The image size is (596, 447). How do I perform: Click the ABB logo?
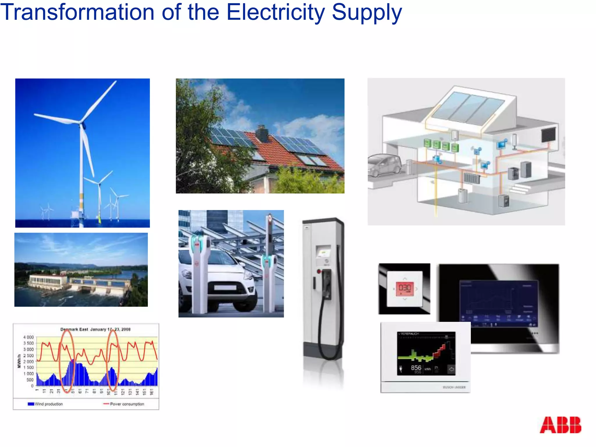(560, 425)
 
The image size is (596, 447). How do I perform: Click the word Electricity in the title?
(275, 12)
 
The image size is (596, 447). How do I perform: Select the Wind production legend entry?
(45, 404)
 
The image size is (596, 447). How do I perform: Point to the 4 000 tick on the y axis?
(29, 337)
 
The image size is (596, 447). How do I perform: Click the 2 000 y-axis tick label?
(29, 361)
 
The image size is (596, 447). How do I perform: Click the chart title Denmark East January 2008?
(95, 329)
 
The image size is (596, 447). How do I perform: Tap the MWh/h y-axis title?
(19, 361)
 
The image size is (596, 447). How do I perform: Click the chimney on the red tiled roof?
(262, 134)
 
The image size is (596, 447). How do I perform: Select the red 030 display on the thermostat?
(405, 288)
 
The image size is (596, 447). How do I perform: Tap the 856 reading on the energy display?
(416, 368)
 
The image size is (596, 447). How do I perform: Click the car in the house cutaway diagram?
(384, 165)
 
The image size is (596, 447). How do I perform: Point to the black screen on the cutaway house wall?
(549, 135)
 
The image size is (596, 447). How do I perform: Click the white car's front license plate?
(225, 288)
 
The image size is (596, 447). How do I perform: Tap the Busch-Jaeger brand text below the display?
(454, 387)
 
